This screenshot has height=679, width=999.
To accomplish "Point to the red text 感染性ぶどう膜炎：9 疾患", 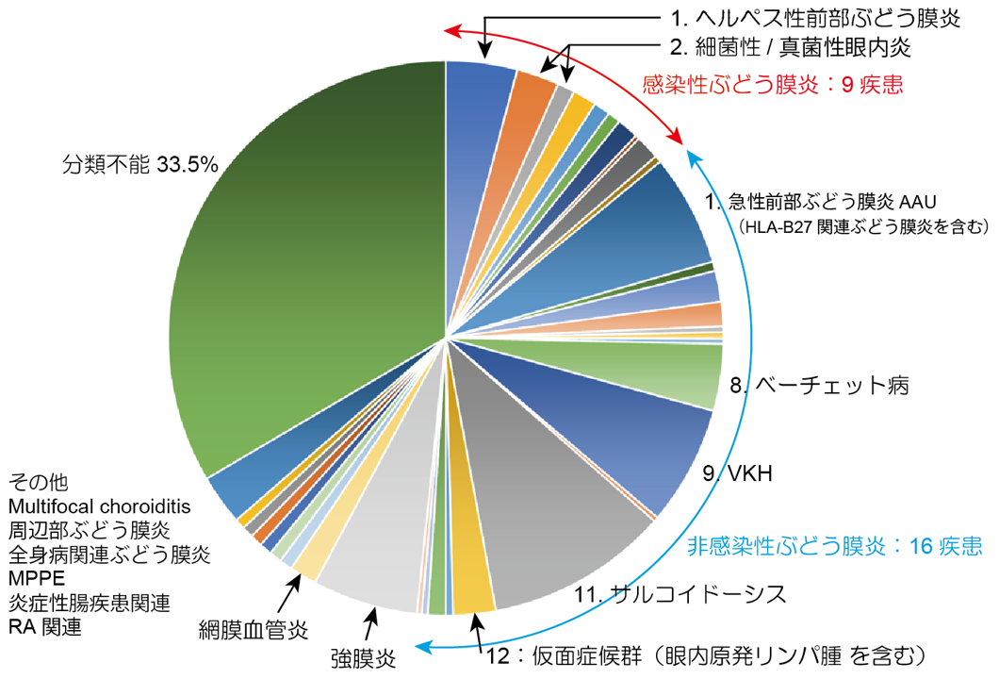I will point(773,85).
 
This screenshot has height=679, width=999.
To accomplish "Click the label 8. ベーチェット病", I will point(820,385).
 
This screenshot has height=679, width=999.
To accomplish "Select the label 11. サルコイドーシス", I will point(680,593).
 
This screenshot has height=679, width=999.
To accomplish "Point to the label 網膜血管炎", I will point(254,627).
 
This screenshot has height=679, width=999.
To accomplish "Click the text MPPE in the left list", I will point(35,578).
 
